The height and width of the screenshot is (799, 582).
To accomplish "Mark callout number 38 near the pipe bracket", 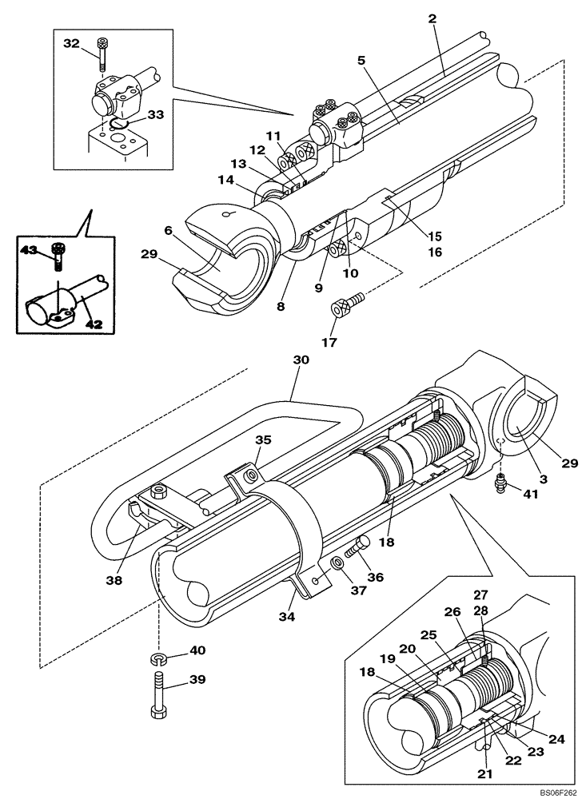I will click(114, 581).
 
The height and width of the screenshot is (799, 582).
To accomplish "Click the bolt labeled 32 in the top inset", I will click(102, 50).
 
